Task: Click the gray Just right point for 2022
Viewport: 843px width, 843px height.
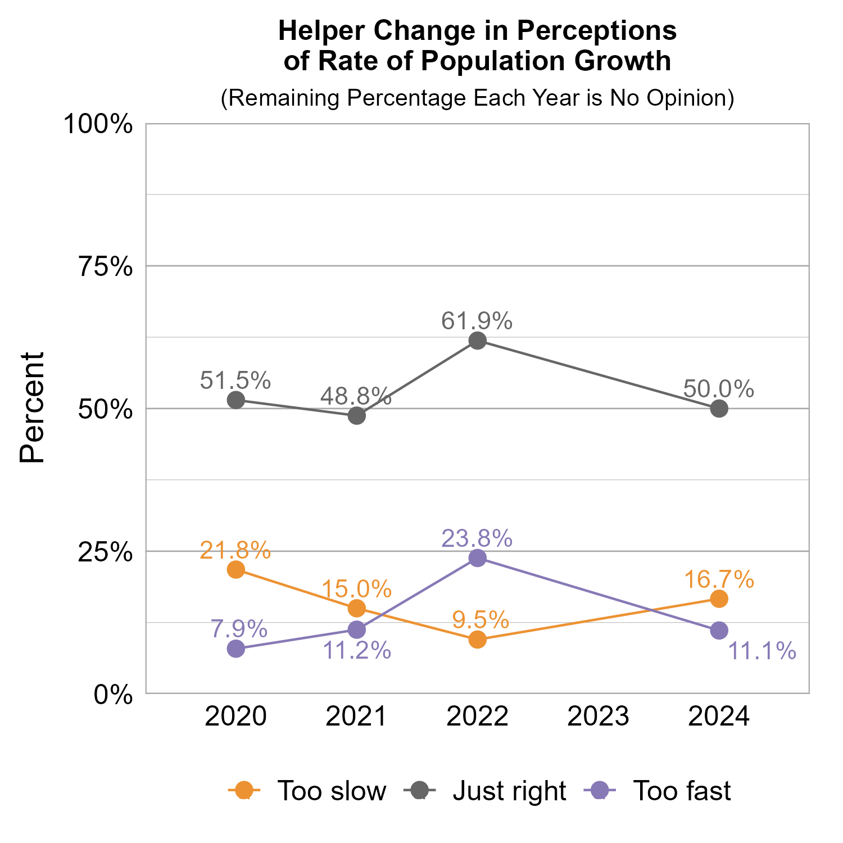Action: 477,341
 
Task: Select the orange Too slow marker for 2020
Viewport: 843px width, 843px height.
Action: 236,569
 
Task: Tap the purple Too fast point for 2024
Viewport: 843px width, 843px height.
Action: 719,631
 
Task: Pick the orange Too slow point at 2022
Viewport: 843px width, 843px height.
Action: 477,640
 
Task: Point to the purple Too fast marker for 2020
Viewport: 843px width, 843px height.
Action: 236,649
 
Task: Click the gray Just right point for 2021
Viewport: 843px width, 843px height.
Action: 357,416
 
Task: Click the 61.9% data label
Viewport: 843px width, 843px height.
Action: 477,321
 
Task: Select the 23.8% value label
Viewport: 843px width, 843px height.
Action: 477,538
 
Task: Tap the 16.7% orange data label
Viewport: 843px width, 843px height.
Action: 719,579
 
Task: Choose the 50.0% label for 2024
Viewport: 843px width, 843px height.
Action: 719,389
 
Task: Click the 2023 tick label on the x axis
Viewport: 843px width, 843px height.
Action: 598,717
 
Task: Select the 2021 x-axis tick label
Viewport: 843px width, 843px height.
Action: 357,717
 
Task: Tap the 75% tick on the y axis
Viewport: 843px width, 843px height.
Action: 105,268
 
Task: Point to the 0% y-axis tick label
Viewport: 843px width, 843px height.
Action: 113,695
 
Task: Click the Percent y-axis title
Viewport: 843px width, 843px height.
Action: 32,408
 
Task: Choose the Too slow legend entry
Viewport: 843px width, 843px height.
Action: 332,791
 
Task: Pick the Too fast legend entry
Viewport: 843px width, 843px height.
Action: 681,791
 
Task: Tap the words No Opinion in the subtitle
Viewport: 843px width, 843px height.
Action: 668,98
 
